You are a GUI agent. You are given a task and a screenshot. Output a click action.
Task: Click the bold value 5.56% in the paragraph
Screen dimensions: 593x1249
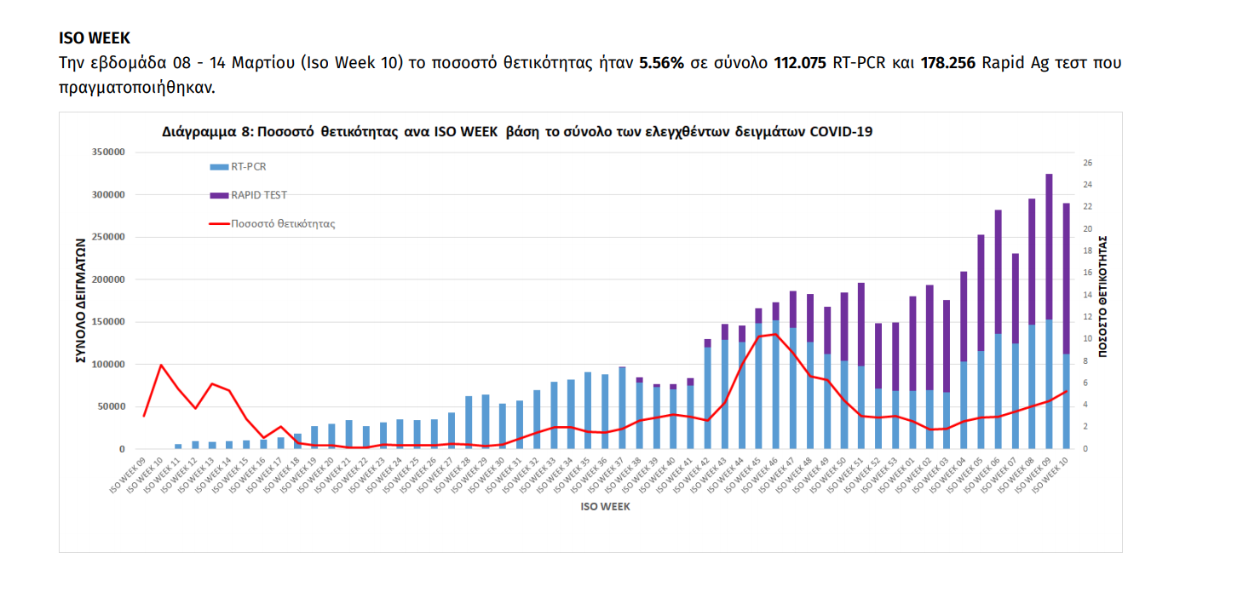pos(661,63)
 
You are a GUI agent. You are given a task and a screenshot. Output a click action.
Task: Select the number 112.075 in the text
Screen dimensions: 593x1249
pos(799,63)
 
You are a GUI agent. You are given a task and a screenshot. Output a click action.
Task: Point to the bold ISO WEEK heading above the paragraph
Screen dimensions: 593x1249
pos(95,38)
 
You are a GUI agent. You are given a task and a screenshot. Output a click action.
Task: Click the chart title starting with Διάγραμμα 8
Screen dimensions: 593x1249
pos(517,132)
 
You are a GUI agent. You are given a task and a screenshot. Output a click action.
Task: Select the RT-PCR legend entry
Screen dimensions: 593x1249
pos(249,167)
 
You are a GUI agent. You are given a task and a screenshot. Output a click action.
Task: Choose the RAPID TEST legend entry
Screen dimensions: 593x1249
pos(259,195)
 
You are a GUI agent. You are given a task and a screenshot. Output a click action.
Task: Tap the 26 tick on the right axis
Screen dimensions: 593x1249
pos(1087,163)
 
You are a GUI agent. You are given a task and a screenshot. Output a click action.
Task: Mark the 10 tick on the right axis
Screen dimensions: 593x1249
pos(1087,339)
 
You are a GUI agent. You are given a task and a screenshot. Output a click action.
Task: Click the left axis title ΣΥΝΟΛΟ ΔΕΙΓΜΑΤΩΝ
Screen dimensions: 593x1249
pos(82,301)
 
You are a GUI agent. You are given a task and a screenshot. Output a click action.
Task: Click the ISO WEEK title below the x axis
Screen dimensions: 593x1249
pos(604,505)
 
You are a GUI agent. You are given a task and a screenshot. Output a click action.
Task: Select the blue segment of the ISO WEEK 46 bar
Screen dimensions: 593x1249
pos(775,383)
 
